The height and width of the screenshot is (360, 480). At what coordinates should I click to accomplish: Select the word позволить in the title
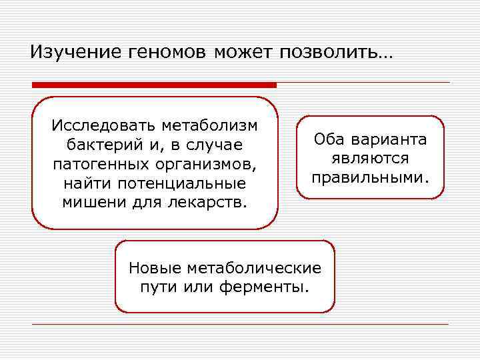click(333, 51)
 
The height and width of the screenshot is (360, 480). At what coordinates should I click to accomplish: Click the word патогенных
click(93, 163)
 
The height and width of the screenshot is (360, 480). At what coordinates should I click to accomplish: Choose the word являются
click(371, 159)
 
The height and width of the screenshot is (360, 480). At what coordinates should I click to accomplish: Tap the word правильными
click(371, 178)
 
